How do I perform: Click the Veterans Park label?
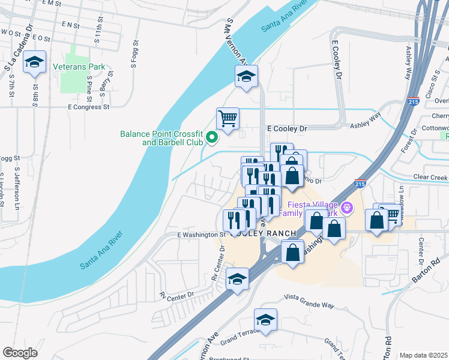pos(79,67)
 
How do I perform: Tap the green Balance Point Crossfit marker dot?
pos(211,138)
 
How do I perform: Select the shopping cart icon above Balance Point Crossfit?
pos(228,118)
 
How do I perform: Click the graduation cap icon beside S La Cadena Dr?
pos(35,62)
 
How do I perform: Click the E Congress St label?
pos(88,107)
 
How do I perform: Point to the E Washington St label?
pos(201,235)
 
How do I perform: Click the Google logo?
pos(20,352)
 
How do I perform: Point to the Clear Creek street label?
pos(430,178)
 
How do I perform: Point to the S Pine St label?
pos(89,86)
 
